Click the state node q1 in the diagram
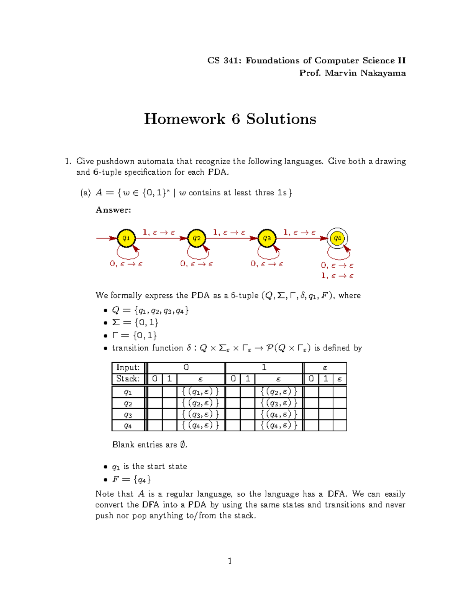[126, 238]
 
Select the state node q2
[197, 238]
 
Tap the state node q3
[267, 238]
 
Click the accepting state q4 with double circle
[337, 238]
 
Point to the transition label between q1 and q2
[159, 233]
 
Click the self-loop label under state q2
[197, 264]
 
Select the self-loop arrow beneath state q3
[268, 253]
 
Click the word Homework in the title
[184, 119]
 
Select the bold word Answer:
[113, 210]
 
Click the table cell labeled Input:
[128, 367]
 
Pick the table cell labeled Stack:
[128, 379]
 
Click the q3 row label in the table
[128, 415]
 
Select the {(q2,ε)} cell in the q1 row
[279, 392]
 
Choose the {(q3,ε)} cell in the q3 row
[200, 414]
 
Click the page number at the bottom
[230, 561]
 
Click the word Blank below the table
[123, 445]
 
